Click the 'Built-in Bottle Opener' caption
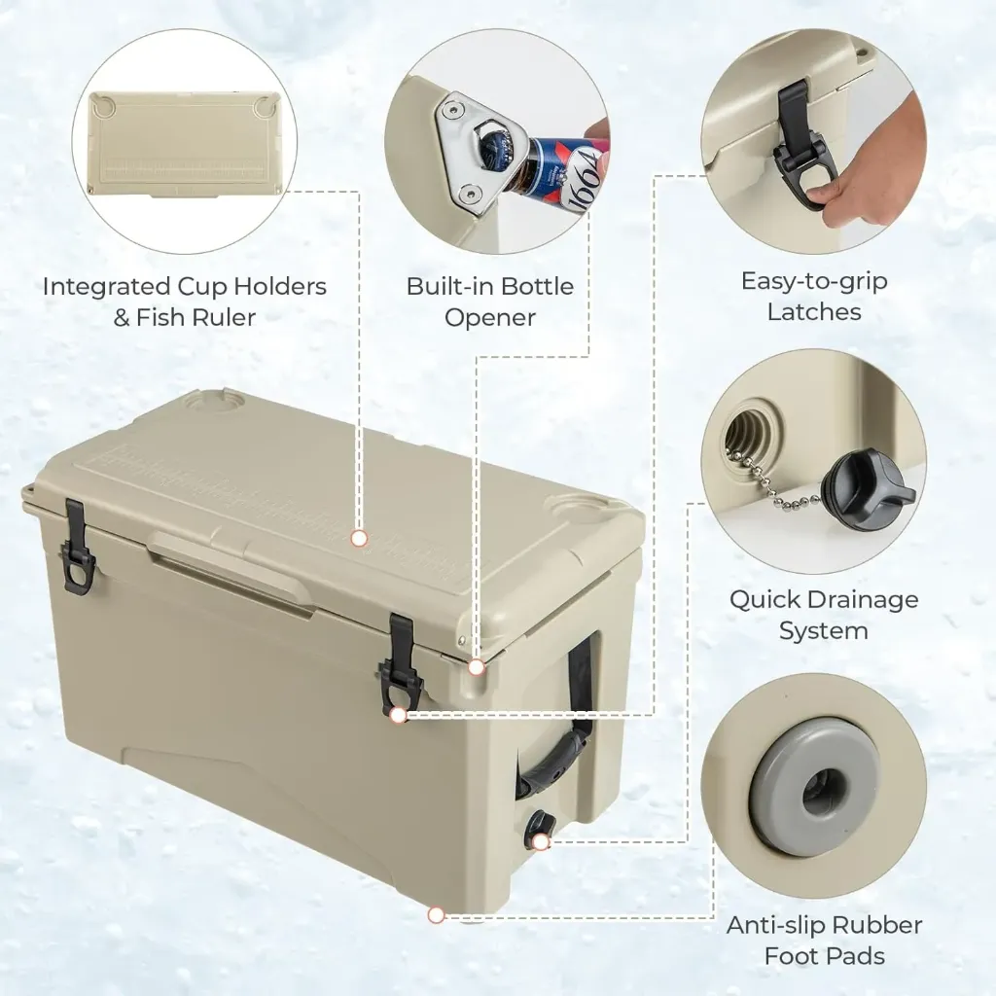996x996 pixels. (x=490, y=302)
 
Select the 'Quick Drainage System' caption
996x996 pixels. (x=824, y=615)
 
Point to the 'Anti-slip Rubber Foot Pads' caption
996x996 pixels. (x=824, y=940)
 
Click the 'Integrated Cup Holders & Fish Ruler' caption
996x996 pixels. (x=184, y=302)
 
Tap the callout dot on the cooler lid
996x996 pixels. (x=359, y=537)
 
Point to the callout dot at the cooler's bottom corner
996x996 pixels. (x=436, y=914)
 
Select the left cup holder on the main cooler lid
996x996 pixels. (x=208, y=398)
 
